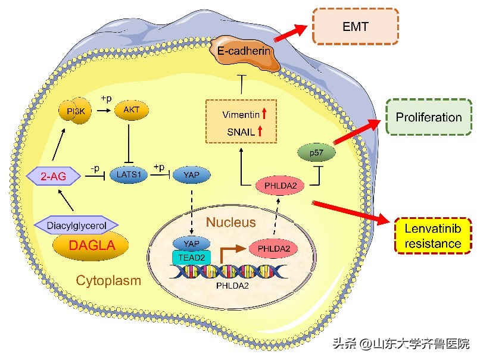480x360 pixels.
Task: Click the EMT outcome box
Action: tap(355, 27)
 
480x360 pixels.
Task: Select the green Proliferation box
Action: tap(428, 117)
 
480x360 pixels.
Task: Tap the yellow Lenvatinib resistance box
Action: tap(433, 236)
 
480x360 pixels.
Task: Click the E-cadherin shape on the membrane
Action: tap(244, 52)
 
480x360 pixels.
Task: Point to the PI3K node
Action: tap(75, 111)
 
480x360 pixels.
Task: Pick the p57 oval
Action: tap(316, 154)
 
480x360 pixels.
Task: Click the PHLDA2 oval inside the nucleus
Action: tap(273, 248)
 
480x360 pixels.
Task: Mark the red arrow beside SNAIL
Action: tap(260, 131)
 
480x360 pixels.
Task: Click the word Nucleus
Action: tap(230, 223)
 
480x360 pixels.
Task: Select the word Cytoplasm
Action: tap(108, 280)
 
